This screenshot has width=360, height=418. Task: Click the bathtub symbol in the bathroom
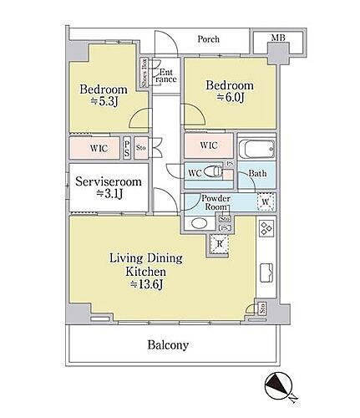[x=255, y=151]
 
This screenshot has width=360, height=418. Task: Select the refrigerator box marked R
[x=218, y=244]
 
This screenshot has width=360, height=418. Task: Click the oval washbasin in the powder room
[x=200, y=224]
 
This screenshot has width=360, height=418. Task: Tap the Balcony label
[x=169, y=344]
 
